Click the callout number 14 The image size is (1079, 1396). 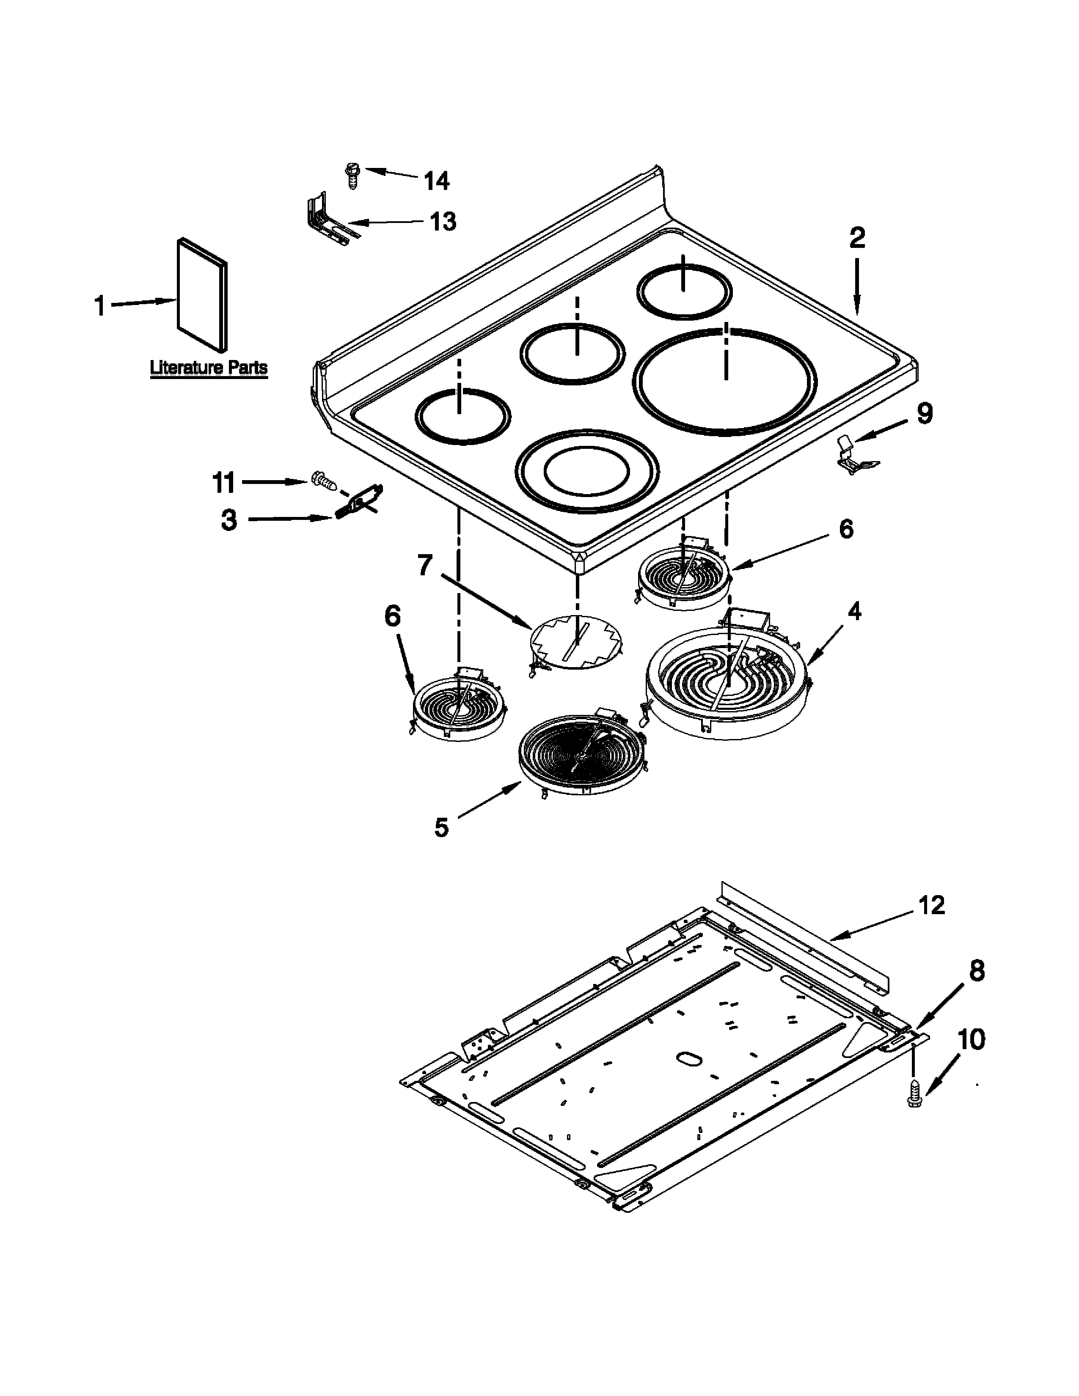[437, 181]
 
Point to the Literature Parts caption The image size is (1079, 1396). [208, 368]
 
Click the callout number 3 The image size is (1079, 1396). [229, 519]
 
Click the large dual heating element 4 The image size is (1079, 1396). [727, 682]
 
